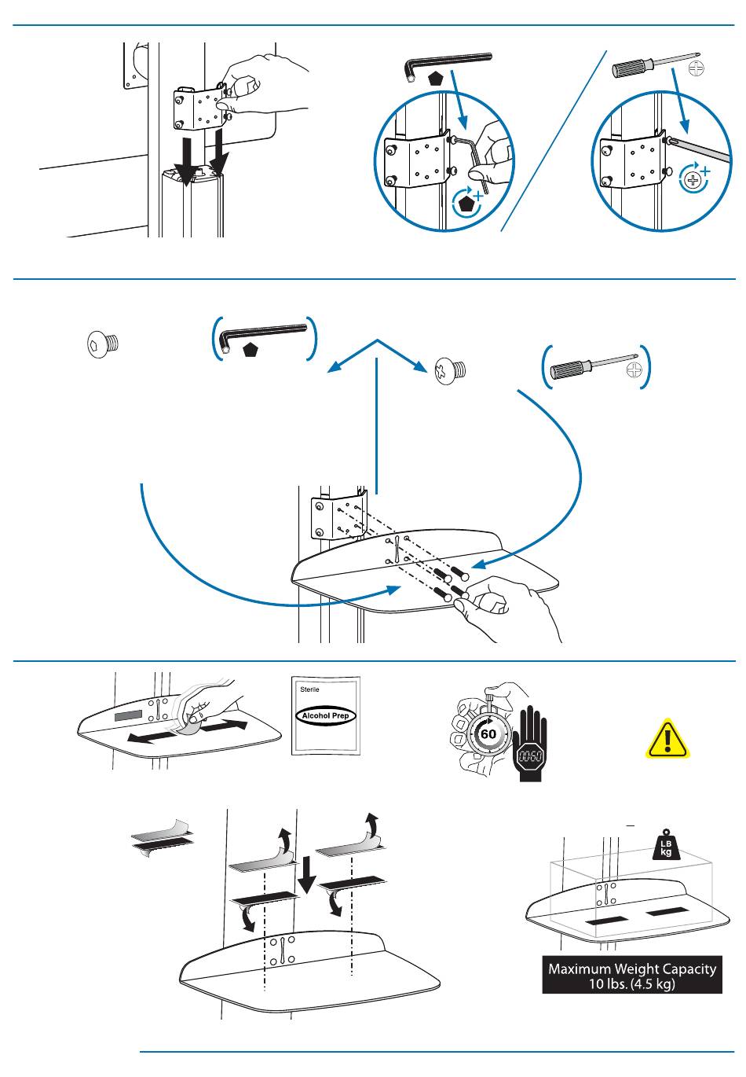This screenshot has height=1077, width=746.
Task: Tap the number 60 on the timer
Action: (x=488, y=734)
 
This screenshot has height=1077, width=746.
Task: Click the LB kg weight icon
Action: (x=665, y=847)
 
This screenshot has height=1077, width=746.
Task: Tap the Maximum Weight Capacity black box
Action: (x=632, y=976)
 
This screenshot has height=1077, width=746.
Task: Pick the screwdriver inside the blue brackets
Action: (x=594, y=367)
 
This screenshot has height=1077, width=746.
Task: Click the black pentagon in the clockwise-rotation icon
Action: (x=468, y=204)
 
